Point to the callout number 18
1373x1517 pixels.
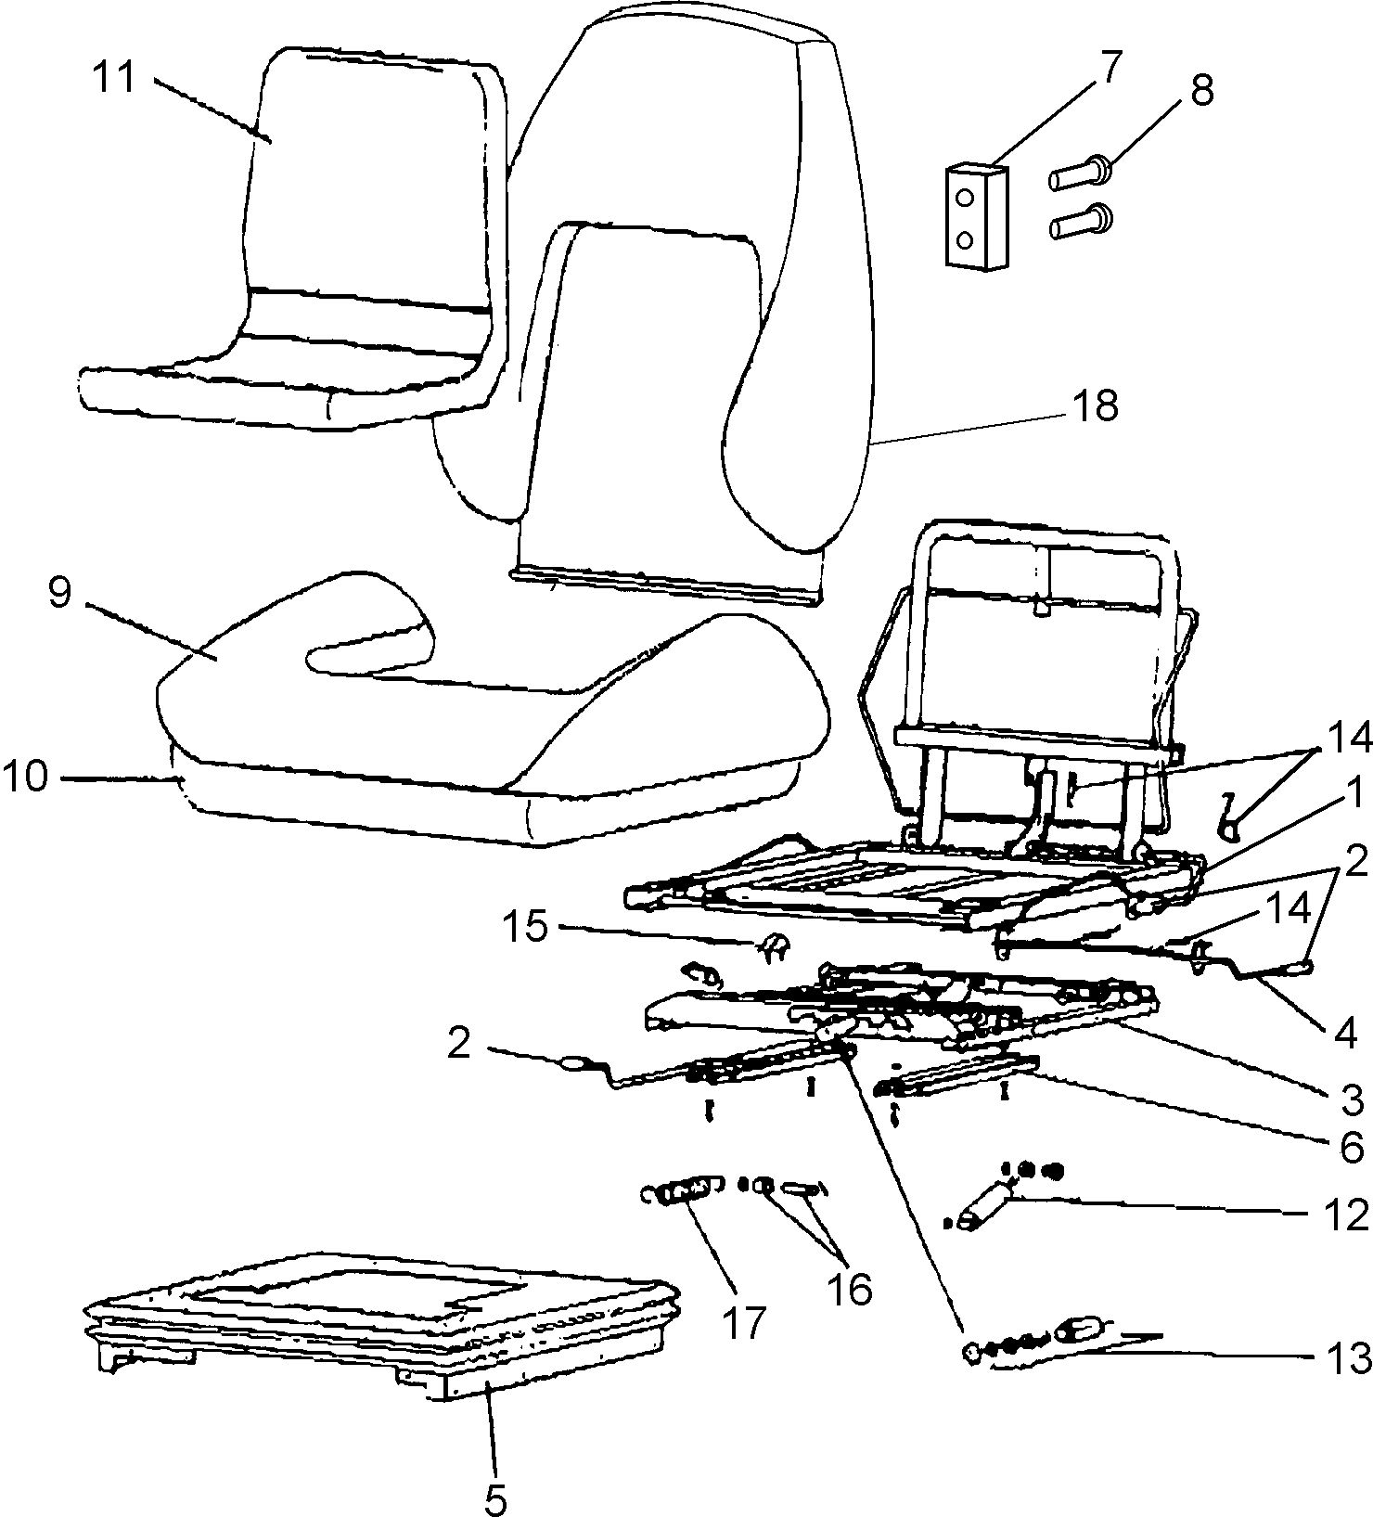point(1096,405)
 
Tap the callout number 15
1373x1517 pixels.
point(526,925)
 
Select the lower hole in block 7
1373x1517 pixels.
point(965,240)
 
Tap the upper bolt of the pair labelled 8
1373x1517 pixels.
point(1081,174)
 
